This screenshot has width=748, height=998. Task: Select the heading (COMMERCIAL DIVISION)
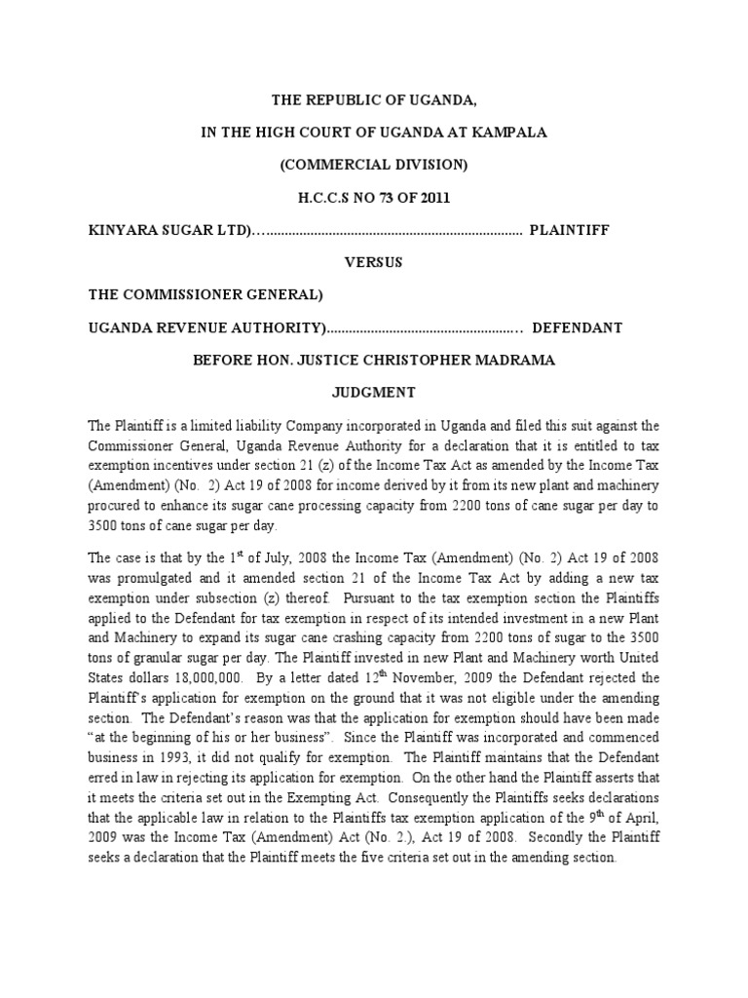point(374,166)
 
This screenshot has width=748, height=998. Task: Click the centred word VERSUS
point(374,262)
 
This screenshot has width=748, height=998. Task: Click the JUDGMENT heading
point(374,392)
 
